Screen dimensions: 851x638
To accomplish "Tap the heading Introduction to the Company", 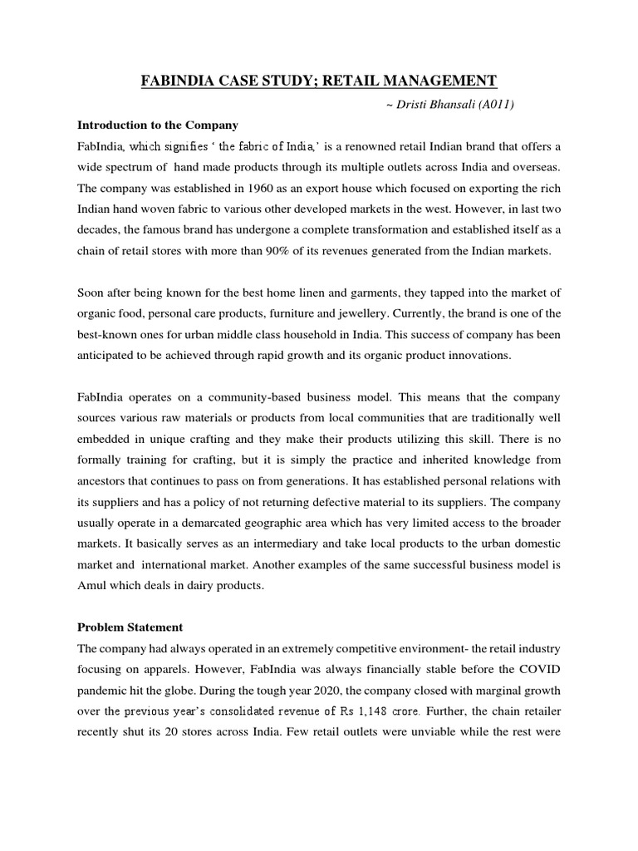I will pos(158,125).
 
